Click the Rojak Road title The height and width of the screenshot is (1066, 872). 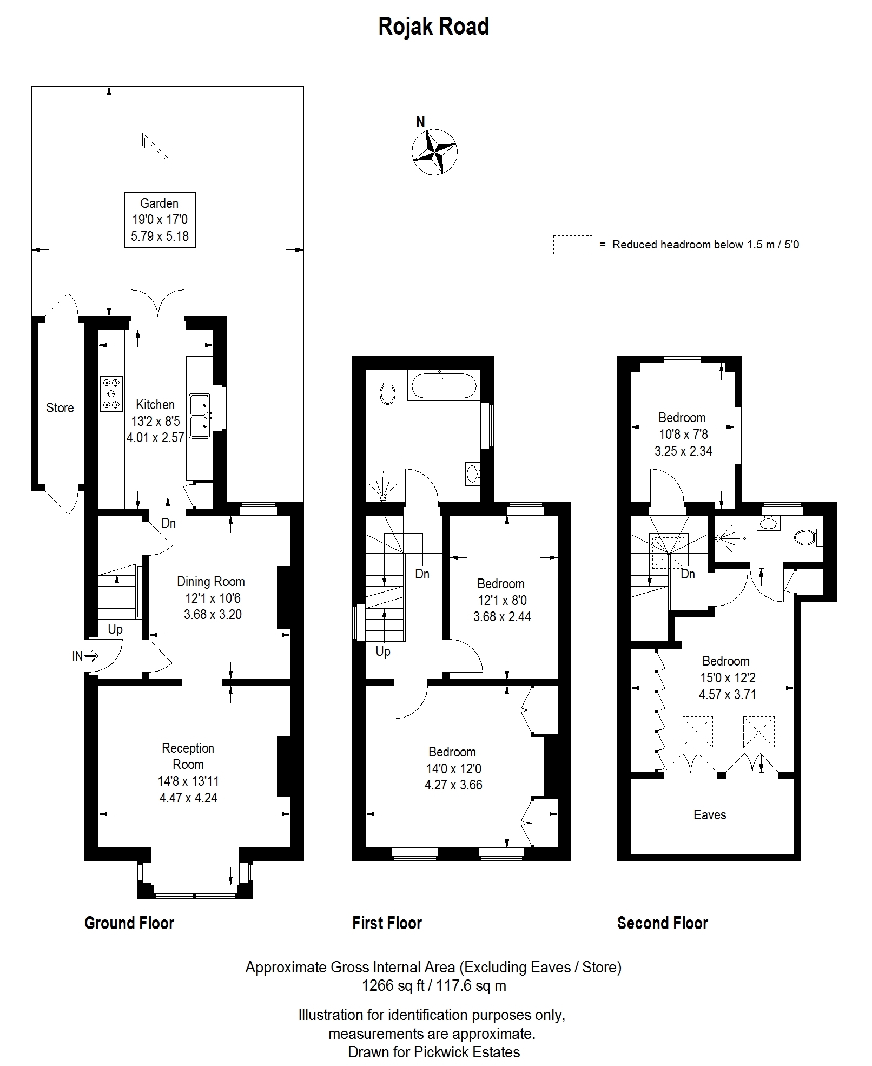(x=433, y=27)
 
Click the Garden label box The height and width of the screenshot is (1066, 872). (x=160, y=220)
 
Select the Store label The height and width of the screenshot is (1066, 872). (x=60, y=408)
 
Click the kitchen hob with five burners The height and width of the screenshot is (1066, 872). (x=111, y=393)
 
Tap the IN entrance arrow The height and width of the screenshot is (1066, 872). (x=85, y=656)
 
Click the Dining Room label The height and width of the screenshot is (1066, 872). (x=211, y=582)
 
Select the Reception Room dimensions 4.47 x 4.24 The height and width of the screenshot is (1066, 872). (x=188, y=798)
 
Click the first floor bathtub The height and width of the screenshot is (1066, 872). (x=444, y=385)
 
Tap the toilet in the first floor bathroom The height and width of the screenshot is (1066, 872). (x=386, y=393)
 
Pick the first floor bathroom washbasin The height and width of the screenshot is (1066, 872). (x=472, y=475)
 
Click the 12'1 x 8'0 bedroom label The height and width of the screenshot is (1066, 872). (x=501, y=600)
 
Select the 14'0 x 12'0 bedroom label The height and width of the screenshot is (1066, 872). (x=453, y=768)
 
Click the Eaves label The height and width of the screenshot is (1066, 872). (x=710, y=815)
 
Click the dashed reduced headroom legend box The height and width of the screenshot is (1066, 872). (x=572, y=245)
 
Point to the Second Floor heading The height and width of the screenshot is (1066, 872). (x=663, y=923)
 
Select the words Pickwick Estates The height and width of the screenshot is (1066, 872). (x=467, y=1052)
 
